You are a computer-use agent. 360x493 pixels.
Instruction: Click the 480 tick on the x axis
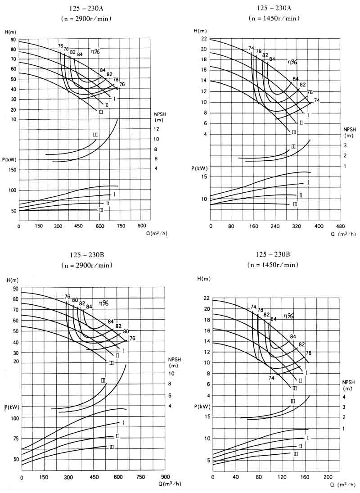340,226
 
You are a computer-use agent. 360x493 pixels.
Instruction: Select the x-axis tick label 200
328,477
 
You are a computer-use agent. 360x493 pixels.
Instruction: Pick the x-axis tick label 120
282,477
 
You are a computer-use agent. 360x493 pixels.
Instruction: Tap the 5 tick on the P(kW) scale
208,460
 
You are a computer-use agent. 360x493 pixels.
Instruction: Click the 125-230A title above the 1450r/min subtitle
274,8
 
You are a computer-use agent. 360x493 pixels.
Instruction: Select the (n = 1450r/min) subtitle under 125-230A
274,18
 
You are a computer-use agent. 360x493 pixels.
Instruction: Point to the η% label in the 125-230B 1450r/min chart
288,316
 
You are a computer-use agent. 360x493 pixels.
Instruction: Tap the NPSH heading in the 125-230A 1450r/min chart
350,129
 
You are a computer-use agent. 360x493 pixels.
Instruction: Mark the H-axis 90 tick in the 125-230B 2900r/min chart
16,289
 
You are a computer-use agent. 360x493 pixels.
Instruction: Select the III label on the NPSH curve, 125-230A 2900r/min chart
95,135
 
